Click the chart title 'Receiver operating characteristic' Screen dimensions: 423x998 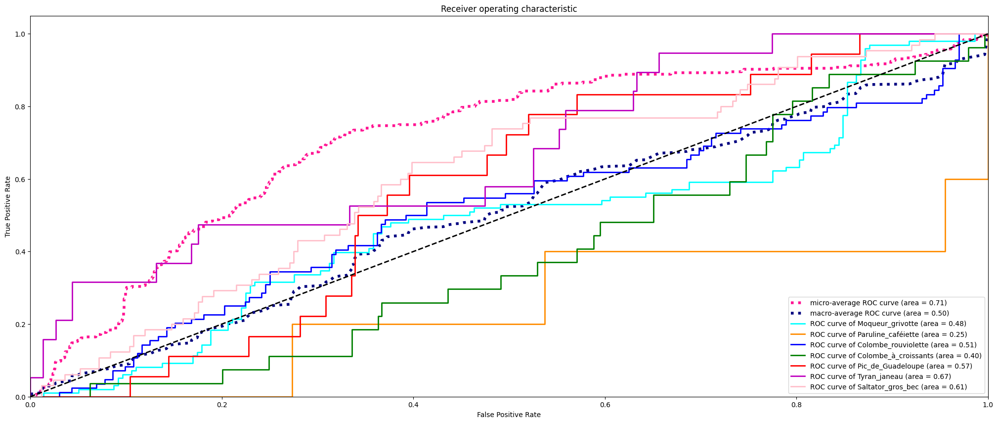coord(509,9)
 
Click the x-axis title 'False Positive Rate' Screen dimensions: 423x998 coord(509,415)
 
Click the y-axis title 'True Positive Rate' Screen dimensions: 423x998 coord(8,206)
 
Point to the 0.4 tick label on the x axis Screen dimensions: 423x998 coord(413,405)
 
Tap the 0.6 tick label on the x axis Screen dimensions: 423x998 coord(605,405)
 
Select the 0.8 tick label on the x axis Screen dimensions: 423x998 coord(796,405)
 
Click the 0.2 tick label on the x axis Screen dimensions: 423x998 coord(222,405)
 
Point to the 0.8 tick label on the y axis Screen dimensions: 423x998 coord(20,107)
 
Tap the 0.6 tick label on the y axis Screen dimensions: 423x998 coord(20,179)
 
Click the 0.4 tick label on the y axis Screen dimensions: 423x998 coord(20,252)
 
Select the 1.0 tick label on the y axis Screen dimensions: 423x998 coord(20,34)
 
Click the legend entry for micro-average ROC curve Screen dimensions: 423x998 coord(878,303)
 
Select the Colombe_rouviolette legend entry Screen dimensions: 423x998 coord(893,345)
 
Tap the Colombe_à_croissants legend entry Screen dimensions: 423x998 coord(895,356)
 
